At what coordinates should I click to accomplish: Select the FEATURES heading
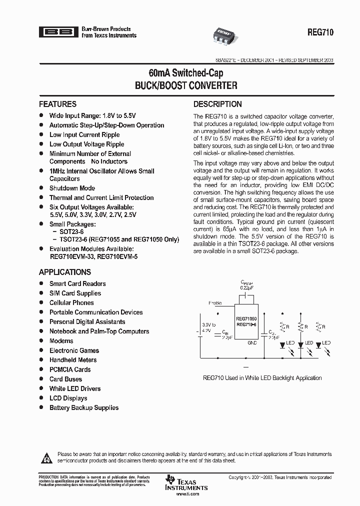pyautogui.click(x=57, y=104)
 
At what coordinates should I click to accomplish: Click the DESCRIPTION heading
pyautogui.click(x=217, y=104)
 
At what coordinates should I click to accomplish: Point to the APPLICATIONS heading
pyautogui.click(x=65, y=272)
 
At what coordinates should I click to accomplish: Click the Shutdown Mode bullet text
pyautogui.click(x=72, y=188)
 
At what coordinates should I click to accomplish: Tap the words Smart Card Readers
pyautogui.click(x=77, y=283)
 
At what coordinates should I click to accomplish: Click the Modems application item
pyautogui.click(x=61, y=341)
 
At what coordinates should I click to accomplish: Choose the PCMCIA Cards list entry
pyautogui.click(x=70, y=369)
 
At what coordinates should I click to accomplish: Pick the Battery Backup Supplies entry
pyautogui.click(x=84, y=408)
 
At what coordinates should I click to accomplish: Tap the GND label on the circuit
pyautogui.click(x=252, y=343)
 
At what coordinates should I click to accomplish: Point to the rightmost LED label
pyautogui.click(x=326, y=343)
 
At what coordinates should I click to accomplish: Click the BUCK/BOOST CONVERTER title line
pyautogui.click(x=186, y=85)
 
